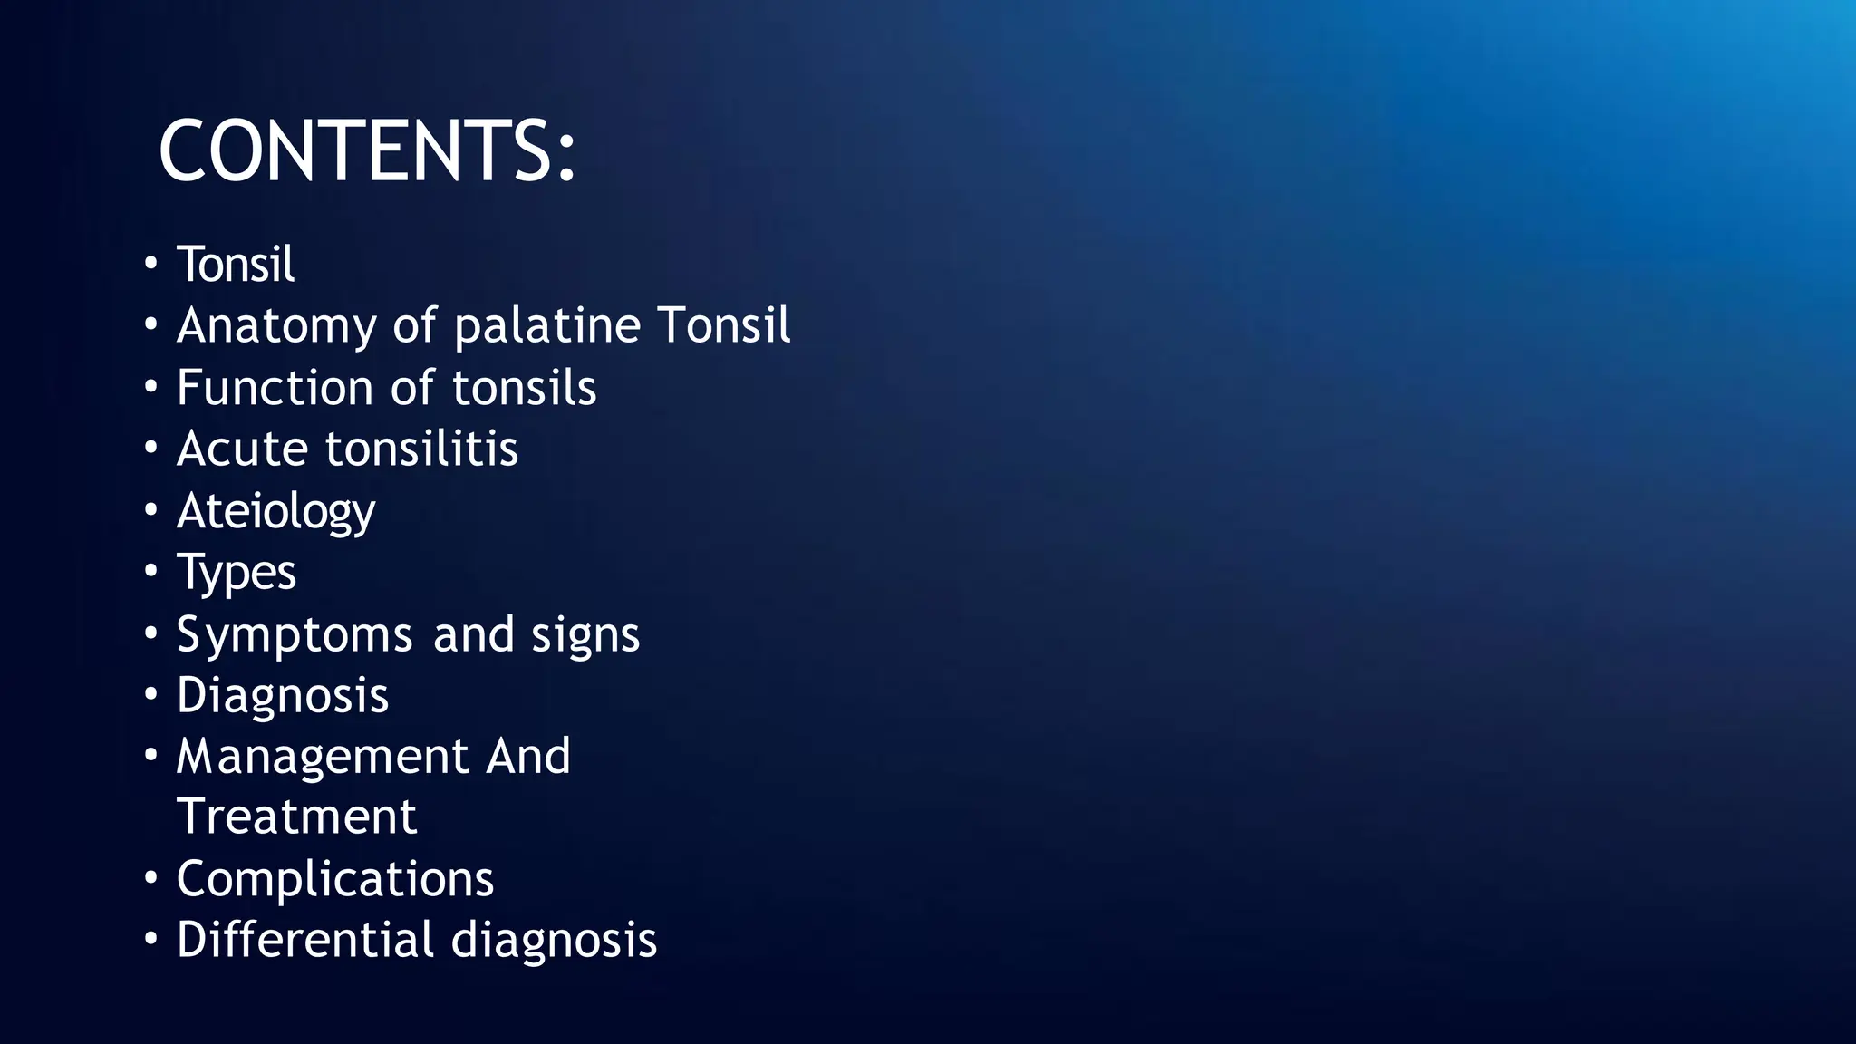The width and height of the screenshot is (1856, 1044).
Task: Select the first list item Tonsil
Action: pyautogui.click(x=235, y=265)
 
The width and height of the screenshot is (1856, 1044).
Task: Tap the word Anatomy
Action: pyautogui.click(x=276, y=326)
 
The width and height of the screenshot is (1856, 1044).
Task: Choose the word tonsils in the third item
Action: pyautogui.click(x=524, y=388)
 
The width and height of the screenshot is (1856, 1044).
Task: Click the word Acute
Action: pyautogui.click(x=242, y=449)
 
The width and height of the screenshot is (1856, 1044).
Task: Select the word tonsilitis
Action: pyautogui.click(x=421, y=449)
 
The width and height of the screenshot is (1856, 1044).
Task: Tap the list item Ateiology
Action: pyautogui.click(x=275, y=512)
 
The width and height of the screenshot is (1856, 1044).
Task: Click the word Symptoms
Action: pyautogui.click(x=295, y=634)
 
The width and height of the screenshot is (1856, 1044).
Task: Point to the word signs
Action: pyautogui.click(x=585, y=634)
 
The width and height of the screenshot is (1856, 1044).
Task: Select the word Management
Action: pyautogui.click(x=322, y=757)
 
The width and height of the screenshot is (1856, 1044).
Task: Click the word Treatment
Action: pyautogui.click(x=296, y=817)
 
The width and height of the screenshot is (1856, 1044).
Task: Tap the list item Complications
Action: pyautogui.click(x=335, y=879)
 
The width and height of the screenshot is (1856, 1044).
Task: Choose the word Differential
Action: pyautogui.click(x=305, y=940)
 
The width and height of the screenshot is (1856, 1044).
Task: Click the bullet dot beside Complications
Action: pyautogui.click(x=151, y=878)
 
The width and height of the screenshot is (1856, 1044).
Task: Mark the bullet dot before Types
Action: pyautogui.click(x=151, y=571)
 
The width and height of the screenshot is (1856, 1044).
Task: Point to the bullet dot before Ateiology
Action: pyautogui.click(x=151, y=509)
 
